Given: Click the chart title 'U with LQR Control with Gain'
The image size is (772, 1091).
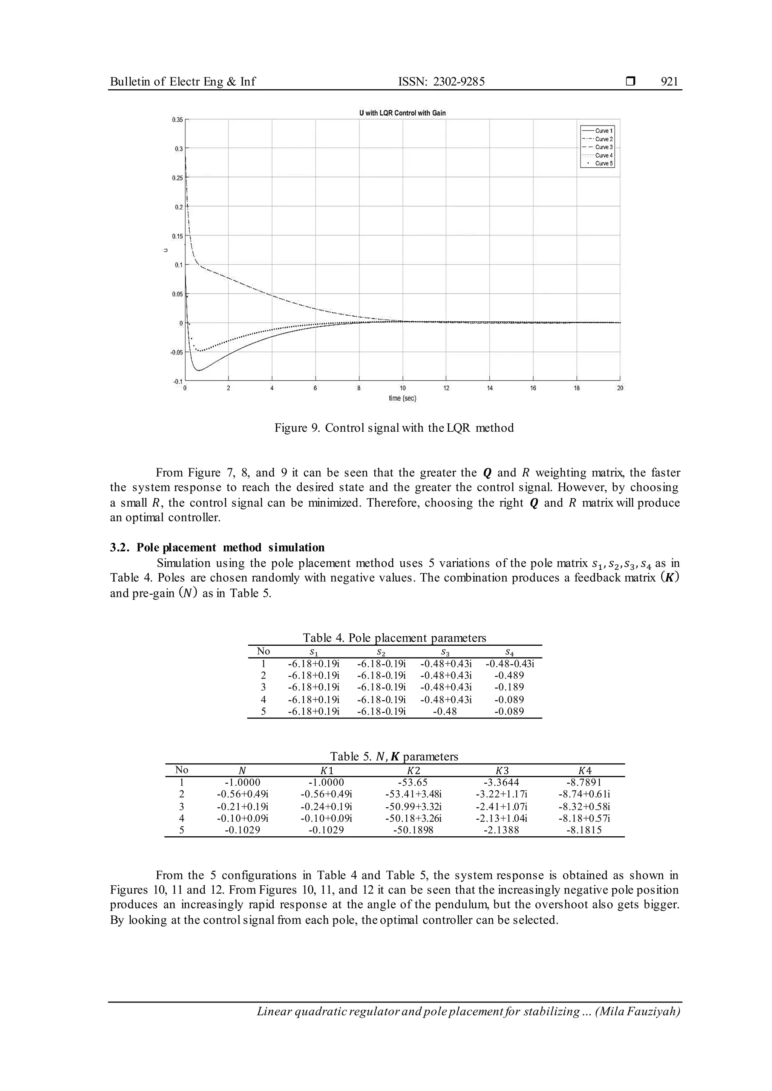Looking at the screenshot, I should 402,113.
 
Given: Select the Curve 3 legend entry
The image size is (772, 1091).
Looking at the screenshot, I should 604,147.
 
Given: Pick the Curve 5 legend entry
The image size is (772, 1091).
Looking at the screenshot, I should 604,163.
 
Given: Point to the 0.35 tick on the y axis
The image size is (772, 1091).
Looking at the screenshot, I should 177,120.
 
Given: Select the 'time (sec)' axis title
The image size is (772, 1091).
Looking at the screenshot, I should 402,398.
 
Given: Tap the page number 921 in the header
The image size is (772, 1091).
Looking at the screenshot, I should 669,82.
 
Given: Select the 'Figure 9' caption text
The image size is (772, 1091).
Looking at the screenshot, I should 394,428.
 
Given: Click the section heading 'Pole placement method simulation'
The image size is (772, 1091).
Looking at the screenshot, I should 231,547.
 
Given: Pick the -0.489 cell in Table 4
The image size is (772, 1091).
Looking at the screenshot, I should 509,675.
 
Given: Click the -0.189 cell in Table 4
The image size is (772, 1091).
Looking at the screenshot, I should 509,687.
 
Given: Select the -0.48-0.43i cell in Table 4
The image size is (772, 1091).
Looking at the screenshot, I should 509,664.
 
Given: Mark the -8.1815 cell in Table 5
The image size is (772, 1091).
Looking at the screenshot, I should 584,830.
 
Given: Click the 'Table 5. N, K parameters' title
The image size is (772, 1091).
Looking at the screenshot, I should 394,756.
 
